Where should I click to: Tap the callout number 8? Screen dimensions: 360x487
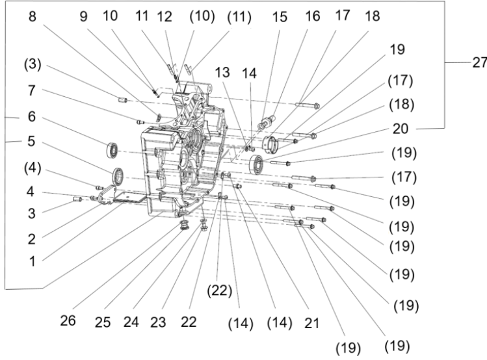point(32,18)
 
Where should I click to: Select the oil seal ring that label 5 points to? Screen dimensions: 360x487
point(120,175)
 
